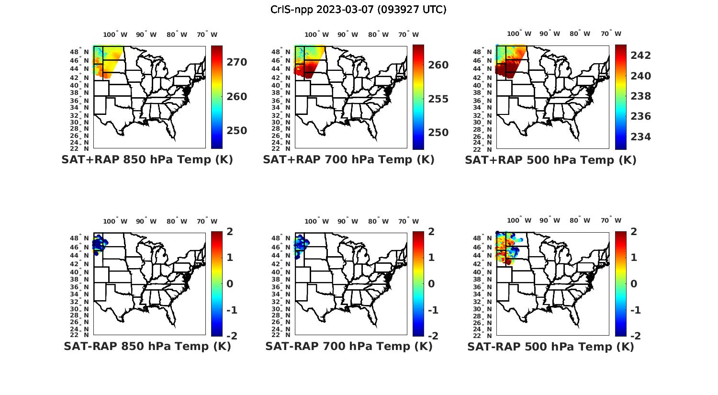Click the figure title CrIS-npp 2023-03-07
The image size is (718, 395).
pos(358,10)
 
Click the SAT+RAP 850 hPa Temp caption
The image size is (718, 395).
pos(147,159)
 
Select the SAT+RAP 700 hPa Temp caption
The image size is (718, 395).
pos(348,159)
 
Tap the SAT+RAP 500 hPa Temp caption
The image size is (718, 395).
pos(550,160)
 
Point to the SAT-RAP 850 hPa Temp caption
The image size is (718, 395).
pos(147,346)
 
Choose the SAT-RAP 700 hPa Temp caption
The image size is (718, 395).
pos(348,346)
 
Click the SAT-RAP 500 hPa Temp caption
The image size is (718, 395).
pos(550,347)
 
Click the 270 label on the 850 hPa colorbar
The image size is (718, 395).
pos(237,62)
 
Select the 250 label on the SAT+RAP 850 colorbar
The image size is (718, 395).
pos(237,131)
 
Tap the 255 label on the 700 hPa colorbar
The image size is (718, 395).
pos(438,99)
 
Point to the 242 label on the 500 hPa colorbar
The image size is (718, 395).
pos(641,56)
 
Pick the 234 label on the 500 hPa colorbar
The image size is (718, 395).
pos(641,137)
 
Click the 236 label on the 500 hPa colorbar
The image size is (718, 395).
pos(641,116)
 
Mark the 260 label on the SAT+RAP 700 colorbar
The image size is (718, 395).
pos(438,65)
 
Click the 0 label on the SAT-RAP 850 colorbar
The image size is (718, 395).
pos(229,284)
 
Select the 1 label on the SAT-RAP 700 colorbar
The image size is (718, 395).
pos(431,258)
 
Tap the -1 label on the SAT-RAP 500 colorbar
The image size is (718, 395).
pos(635,310)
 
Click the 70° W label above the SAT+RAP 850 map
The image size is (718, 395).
pos(207,34)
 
